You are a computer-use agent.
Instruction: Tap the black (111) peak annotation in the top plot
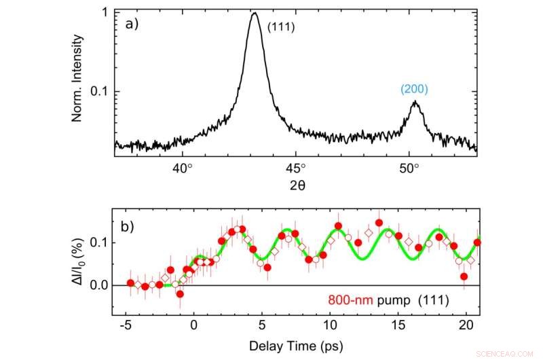tap(280, 26)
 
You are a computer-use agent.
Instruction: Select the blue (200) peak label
tap(414, 88)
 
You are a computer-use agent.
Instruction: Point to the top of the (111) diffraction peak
tap(255, 13)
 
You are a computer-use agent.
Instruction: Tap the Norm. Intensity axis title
tap(78, 79)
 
